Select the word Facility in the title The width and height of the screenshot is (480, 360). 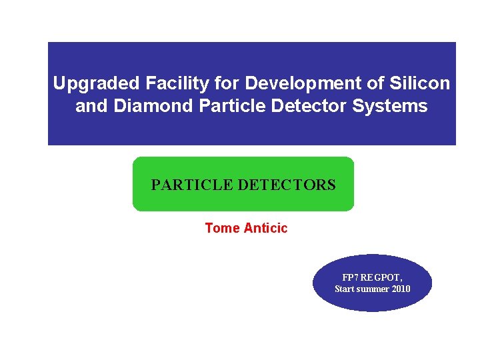171,84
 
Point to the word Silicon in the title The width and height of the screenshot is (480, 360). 421,84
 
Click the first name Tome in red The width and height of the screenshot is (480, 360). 222,228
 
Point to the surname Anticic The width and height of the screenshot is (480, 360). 265,228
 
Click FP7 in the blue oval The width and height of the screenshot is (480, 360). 351,277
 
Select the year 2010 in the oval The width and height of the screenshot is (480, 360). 401,289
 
